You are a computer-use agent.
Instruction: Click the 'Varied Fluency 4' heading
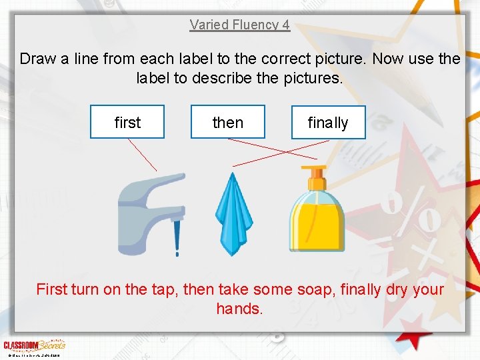tap(239, 25)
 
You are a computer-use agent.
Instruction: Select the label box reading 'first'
tap(127, 122)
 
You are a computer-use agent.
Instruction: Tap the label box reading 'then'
tap(227, 122)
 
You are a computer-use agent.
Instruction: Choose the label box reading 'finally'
tap(328, 123)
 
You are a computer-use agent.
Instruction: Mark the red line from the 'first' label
tap(143, 155)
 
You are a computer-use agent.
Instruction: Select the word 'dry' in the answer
tap(396, 289)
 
